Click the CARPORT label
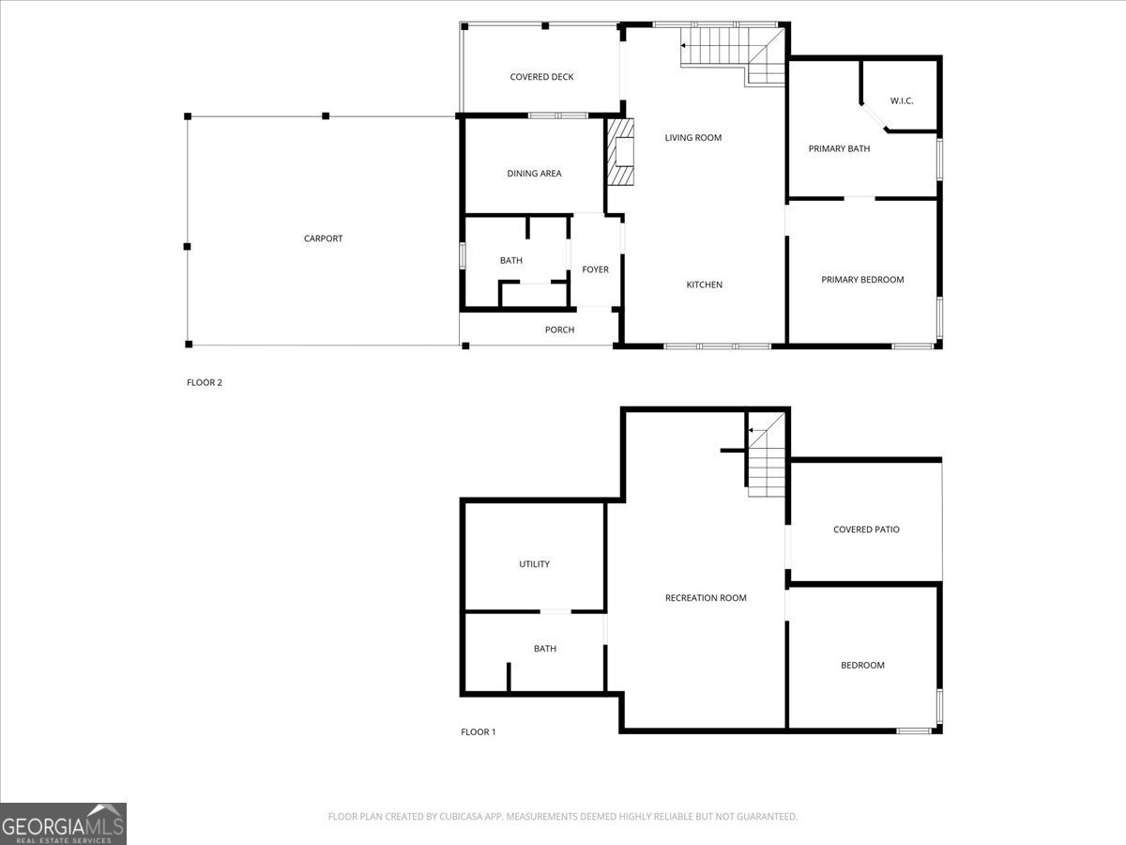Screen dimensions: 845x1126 point(323,238)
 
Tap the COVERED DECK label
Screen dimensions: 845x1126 point(541,77)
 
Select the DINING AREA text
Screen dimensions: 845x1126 point(534,174)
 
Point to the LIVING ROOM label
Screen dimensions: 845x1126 point(692,138)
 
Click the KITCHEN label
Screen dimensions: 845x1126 point(704,284)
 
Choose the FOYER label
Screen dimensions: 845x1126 point(595,269)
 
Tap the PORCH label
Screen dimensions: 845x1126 point(559,330)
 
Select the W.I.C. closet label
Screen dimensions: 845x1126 point(901,101)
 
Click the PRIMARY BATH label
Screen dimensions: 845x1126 point(839,148)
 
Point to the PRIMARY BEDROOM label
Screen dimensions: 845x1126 point(862,280)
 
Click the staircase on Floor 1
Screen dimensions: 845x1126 point(766,460)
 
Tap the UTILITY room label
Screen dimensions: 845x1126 point(534,564)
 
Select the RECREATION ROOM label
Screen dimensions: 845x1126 point(706,598)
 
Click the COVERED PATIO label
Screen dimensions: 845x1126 point(866,530)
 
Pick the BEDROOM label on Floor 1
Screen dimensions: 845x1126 point(861,666)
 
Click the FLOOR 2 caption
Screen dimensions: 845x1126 point(205,382)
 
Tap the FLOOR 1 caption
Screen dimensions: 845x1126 point(478,732)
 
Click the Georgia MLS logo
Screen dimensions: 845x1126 point(63,823)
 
